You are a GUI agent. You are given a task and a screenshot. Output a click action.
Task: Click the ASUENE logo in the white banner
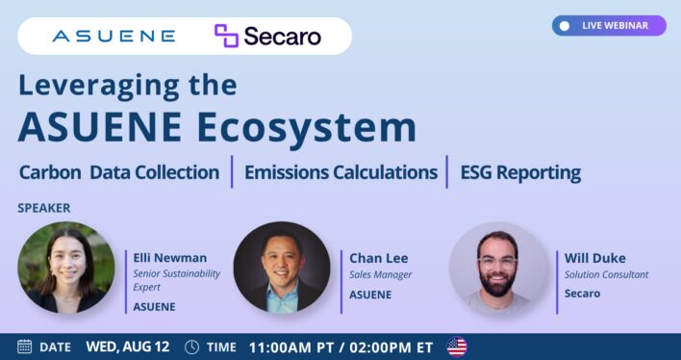click(113, 36)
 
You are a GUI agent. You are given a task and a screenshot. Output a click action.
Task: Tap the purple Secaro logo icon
click(226, 36)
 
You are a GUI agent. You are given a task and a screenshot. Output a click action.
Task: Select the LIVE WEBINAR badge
click(609, 26)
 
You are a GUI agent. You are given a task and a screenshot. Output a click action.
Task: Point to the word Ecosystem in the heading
click(307, 127)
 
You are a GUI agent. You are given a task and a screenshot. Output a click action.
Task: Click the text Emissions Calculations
click(340, 172)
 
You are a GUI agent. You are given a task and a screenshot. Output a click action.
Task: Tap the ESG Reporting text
click(520, 173)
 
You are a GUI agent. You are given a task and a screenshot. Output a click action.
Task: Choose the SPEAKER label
click(44, 208)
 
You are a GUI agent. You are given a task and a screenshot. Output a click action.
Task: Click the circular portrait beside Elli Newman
click(66, 270)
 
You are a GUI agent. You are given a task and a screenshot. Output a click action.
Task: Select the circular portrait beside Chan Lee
click(282, 270)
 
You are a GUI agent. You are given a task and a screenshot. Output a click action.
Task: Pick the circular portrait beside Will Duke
click(497, 270)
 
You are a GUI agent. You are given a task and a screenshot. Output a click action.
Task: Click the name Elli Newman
click(170, 258)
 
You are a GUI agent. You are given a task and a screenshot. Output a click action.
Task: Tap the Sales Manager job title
click(381, 274)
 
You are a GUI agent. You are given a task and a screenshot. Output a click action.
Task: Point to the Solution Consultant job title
click(606, 274)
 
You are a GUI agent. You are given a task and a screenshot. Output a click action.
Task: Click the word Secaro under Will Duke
click(583, 294)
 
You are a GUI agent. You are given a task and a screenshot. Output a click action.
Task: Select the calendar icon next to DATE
click(25, 347)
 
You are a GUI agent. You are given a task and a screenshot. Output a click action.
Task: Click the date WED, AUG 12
click(128, 347)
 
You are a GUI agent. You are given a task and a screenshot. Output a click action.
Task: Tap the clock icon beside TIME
click(191, 347)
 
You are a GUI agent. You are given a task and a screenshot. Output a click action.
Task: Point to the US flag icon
click(457, 347)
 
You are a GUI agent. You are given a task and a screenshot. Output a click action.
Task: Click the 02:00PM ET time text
click(391, 347)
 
